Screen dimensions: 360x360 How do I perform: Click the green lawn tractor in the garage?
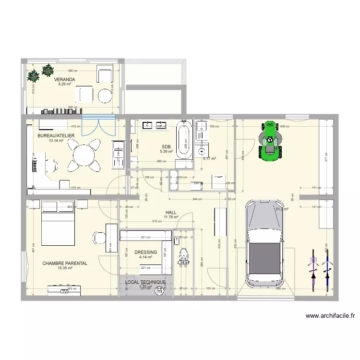point(269,140)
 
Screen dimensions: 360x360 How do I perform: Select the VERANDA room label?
point(64,80)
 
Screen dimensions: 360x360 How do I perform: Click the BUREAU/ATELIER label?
point(56,136)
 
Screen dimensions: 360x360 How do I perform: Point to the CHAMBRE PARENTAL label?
point(65,264)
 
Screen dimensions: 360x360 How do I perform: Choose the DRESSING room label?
point(145,252)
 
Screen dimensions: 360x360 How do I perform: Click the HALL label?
point(171,212)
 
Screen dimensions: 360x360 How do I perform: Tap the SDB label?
point(167,146)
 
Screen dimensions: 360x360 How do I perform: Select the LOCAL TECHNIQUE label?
point(145,282)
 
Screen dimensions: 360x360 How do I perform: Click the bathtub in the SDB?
point(183,140)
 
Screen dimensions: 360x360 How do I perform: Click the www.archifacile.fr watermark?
point(330,316)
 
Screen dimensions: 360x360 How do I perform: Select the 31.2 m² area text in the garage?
point(281,209)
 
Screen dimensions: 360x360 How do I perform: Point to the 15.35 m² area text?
point(65,268)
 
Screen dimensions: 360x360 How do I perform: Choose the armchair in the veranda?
point(105,75)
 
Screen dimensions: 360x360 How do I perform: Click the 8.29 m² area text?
point(64,84)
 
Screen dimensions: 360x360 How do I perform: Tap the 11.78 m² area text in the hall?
point(171,217)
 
